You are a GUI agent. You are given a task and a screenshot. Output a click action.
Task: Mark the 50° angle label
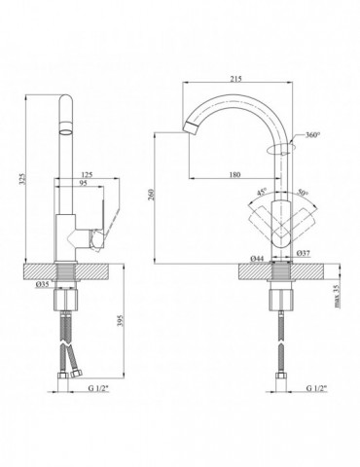(x=303, y=192)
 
